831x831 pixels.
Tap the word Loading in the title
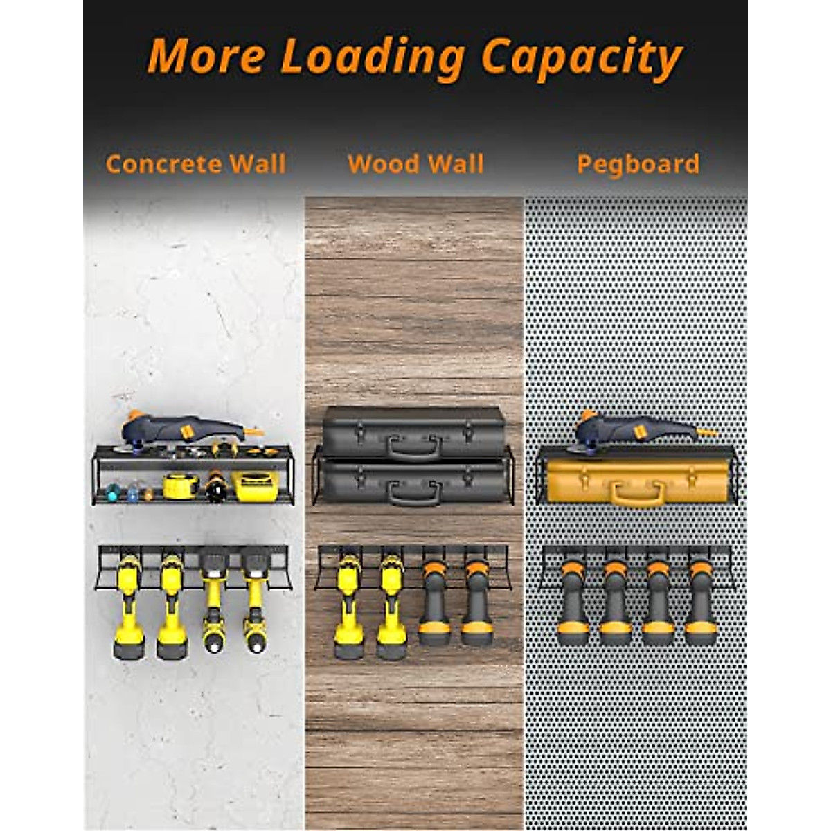pos(373,57)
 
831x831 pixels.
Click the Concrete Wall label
pos(196,164)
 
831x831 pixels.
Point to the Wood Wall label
pos(415,164)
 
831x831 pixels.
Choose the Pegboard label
pos(638,164)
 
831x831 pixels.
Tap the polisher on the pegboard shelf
pos(637,429)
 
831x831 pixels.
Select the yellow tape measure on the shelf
pos(181,486)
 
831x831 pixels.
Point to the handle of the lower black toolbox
pos(414,494)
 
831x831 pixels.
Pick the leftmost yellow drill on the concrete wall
pos(129,602)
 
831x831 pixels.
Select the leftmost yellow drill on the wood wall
pos(349,602)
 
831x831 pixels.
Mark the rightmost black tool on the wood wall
pos(477,599)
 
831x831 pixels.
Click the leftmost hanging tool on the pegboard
pos(574,599)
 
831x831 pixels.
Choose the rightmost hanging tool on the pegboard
pos(701,599)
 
